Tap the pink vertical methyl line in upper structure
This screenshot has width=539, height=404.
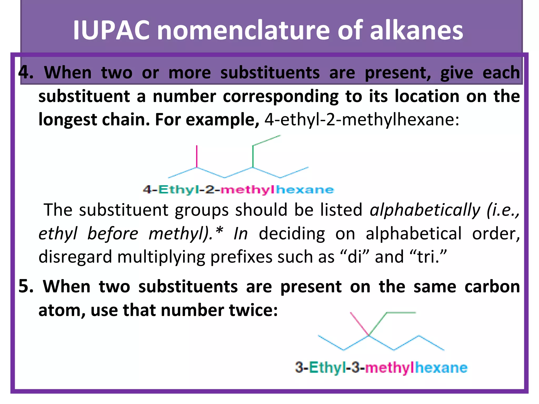click(x=197, y=156)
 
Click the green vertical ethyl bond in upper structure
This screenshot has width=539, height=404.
click(x=253, y=156)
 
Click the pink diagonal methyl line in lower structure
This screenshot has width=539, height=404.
click(x=360, y=324)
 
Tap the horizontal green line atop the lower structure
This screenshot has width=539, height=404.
click(x=401, y=313)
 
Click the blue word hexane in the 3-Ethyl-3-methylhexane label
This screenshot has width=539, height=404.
click(x=441, y=367)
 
